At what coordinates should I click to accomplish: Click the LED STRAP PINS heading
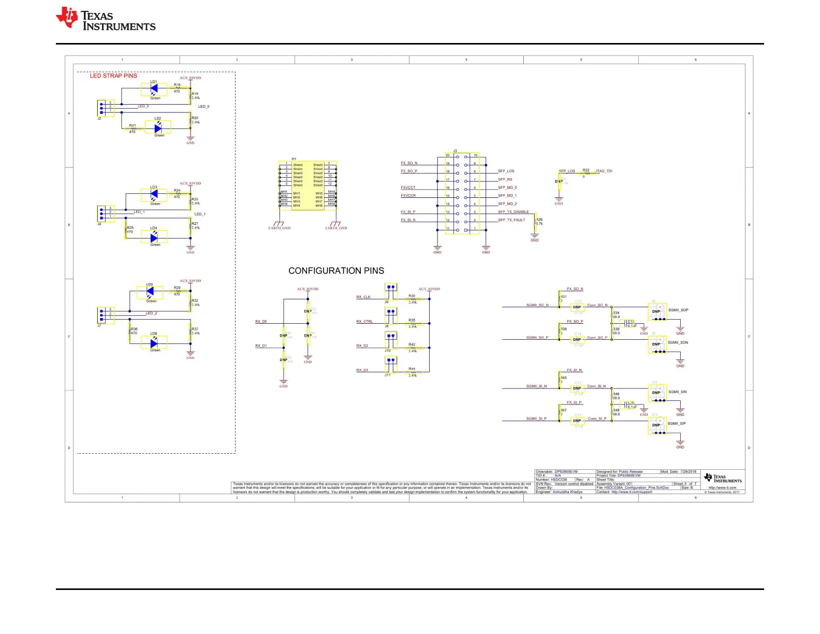click(113, 76)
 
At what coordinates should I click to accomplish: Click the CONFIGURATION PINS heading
click(336, 271)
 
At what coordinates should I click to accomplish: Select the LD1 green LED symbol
click(154, 89)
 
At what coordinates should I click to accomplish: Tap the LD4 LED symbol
click(154, 238)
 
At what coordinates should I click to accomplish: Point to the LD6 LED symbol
click(154, 343)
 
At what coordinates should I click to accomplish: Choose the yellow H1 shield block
click(307, 185)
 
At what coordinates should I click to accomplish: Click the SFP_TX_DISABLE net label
click(513, 212)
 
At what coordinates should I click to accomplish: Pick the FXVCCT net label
click(408, 188)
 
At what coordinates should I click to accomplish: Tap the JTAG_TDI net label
click(604, 171)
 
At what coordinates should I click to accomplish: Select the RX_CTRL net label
click(364, 322)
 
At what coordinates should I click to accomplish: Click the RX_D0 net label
click(261, 322)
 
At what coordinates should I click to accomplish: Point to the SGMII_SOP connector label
click(678, 310)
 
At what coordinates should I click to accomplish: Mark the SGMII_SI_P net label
click(536, 419)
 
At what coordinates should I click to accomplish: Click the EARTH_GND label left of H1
click(279, 228)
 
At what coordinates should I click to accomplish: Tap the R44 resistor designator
click(412, 369)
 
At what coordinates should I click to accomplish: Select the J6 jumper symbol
click(391, 292)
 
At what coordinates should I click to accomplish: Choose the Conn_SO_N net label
click(597, 305)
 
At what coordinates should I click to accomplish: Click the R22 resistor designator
click(585, 170)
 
